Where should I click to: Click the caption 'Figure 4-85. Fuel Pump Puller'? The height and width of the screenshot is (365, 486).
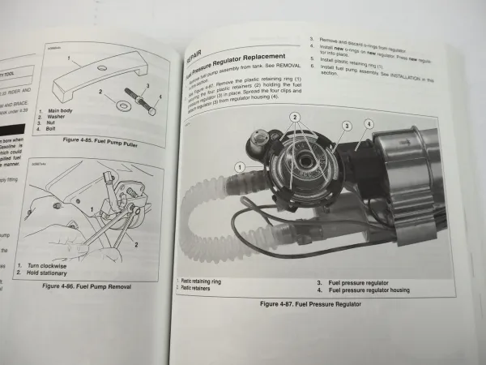point(98,140)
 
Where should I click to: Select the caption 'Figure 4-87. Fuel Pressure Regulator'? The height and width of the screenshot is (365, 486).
point(309,303)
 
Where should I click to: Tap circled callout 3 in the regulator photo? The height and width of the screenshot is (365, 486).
point(345,127)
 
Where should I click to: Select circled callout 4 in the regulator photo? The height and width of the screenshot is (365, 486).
point(369,124)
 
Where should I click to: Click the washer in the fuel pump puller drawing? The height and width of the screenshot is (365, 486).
point(105,105)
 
